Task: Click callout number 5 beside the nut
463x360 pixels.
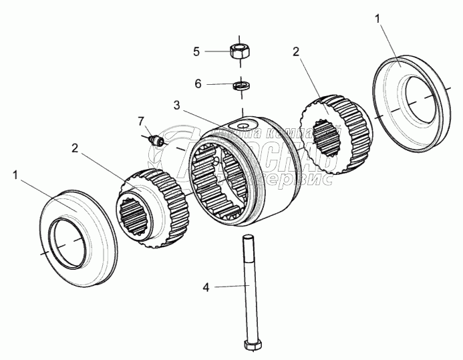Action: [x=196, y=51]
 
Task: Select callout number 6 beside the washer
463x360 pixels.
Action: [x=197, y=84]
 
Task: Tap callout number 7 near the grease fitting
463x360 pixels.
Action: [x=141, y=121]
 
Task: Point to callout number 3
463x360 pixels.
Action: [x=176, y=105]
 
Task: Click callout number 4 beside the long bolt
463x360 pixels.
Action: [x=206, y=287]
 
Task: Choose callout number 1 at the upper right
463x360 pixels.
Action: [x=378, y=19]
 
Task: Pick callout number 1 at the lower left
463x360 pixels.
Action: [x=15, y=174]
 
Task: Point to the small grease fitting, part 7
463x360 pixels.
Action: [x=158, y=140]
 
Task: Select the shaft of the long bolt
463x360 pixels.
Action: [x=249, y=287]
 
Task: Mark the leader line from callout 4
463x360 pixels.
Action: [x=227, y=287]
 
